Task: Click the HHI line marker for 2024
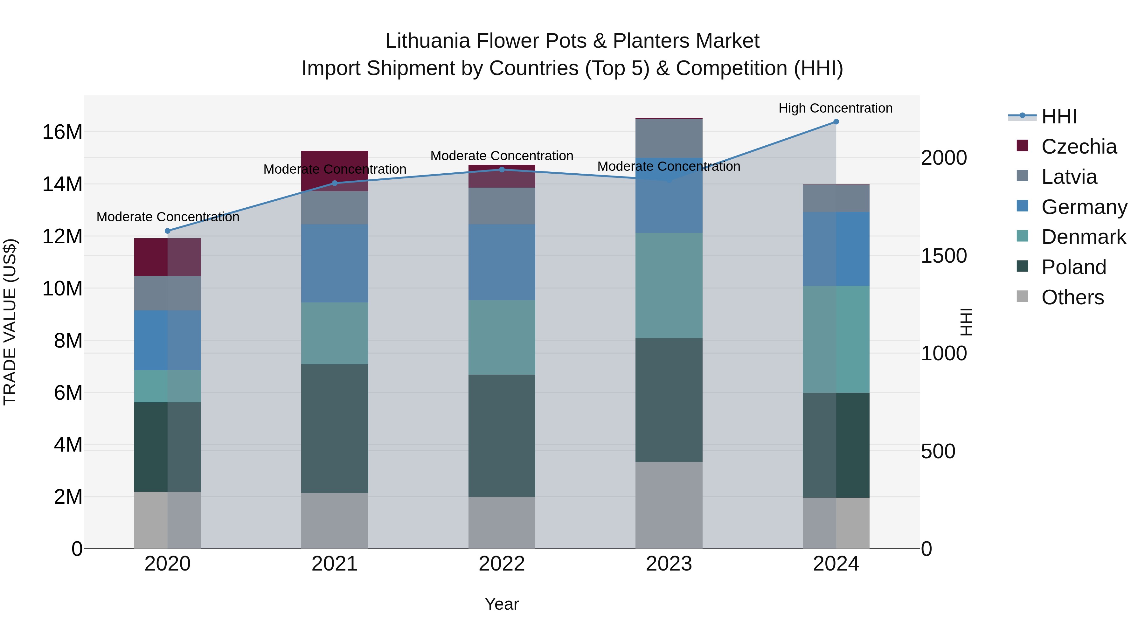tap(836, 122)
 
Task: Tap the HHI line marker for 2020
tap(168, 231)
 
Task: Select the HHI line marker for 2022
tap(502, 169)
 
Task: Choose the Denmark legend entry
tap(1083, 237)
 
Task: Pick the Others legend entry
tap(1072, 297)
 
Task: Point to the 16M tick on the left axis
tap(62, 132)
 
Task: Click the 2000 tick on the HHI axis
tap(944, 158)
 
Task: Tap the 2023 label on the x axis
tap(669, 564)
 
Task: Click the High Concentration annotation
tap(835, 108)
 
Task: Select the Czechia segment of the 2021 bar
tap(335, 171)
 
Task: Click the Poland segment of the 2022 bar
tap(502, 436)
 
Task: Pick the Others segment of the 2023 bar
tap(669, 505)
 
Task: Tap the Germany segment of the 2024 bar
tap(836, 249)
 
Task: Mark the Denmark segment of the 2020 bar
tap(168, 386)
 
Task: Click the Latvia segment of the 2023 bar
tap(669, 138)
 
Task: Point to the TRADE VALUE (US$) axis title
tap(10, 322)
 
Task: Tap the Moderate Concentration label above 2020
tap(168, 217)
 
